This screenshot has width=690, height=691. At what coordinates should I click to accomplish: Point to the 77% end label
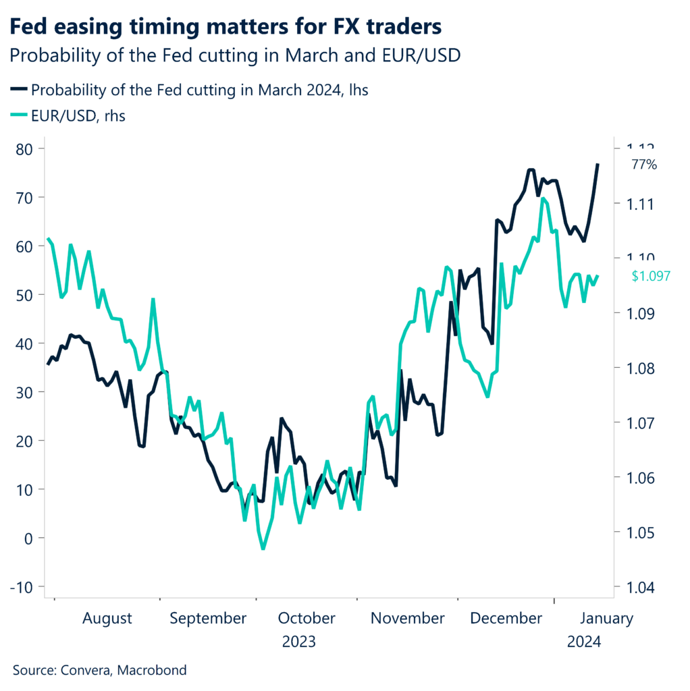coord(643,165)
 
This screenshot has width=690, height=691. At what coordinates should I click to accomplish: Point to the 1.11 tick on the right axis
coord(638,204)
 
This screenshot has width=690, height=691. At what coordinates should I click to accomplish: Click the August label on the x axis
coord(108,618)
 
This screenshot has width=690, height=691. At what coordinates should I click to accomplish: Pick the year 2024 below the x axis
coord(585,642)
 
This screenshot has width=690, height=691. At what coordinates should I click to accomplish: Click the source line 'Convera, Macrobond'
coord(100,670)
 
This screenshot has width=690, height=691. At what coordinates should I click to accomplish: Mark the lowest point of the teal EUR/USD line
coord(263,549)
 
